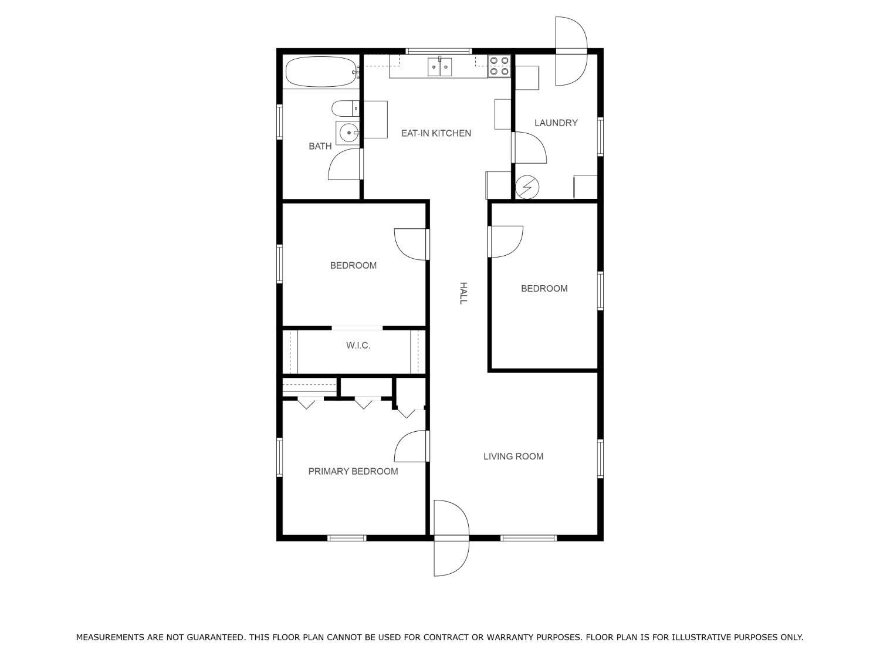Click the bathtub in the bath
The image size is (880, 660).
321,72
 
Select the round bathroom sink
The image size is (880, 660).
348,132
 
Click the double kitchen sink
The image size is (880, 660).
439,67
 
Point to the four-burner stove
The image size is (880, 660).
499,66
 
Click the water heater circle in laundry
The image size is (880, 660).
527,187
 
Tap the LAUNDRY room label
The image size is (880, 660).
556,123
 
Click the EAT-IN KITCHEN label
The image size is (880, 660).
436,133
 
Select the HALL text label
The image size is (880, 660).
463,293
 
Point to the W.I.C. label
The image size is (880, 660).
358,346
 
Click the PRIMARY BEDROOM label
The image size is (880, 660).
353,471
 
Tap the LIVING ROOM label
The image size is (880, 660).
513,456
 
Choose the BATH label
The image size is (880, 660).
320,146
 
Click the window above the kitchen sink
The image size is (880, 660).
439,51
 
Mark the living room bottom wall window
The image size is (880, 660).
529,538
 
